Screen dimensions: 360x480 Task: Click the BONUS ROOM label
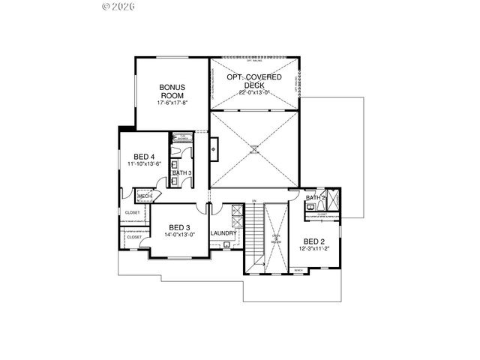click(171, 91)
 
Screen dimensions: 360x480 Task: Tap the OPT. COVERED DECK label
click(255, 81)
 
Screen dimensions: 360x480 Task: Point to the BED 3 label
click(178, 227)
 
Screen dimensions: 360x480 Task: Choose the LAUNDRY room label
click(223, 233)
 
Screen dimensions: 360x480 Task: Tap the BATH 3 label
click(181, 173)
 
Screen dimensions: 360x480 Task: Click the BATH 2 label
click(315, 198)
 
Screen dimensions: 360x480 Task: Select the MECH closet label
click(144, 197)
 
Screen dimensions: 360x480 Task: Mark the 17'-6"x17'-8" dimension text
click(171, 103)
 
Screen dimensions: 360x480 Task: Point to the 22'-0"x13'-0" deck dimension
click(255, 92)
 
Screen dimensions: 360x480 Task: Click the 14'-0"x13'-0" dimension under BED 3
click(178, 235)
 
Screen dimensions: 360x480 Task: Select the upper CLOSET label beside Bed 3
click(132, 213)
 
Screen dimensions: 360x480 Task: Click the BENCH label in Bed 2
click(298, 270)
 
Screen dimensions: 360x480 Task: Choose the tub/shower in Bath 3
click(181, 137)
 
